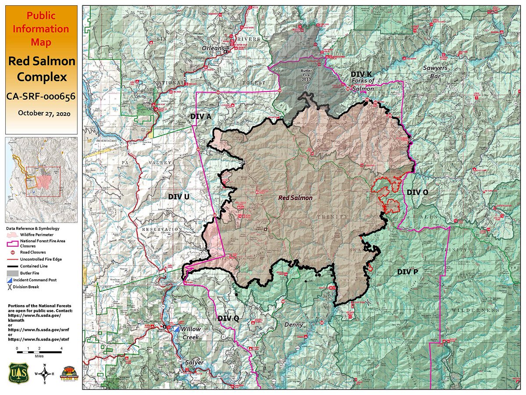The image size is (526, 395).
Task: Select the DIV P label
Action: pyautogui.click(x=407, y=272)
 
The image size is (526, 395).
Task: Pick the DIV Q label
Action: pyautogui.click(x=228, y=318)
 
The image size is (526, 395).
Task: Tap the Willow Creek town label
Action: pyautogui.click(x=190, y=333)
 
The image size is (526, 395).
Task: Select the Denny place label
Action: pyautogui.click(x=294, y=325)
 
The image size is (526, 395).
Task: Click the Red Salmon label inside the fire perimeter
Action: pyautogui.click(x=295, y=198)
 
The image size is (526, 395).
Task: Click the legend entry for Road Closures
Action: pyautogui.click(x=30, y=253)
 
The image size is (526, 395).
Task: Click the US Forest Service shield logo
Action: pyautogui.click(x=16, y=372)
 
